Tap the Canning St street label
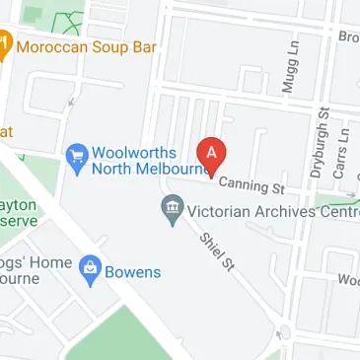click(251, 182)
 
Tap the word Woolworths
click(134, 153)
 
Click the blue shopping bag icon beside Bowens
click(91, 268)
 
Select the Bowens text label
click(132, 270)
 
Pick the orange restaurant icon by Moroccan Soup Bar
click(4, 45)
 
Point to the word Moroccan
click(54, 45)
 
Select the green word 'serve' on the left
click(19, 222)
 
